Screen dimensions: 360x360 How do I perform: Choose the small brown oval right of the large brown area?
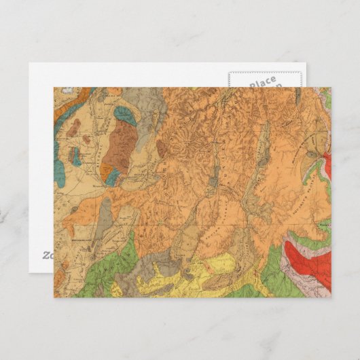160,147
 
